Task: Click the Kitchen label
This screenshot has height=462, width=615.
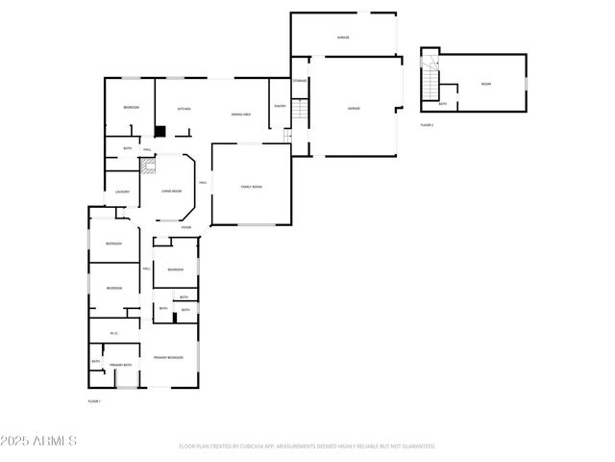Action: click(x=182, y=109)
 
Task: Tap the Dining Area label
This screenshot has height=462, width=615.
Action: click(x=241, y=115)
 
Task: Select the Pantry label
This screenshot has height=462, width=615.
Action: click(x=280, y=107)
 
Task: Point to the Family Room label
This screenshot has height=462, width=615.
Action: click(x=251, y=187)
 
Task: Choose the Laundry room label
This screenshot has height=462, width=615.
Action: click(x=122, y=192)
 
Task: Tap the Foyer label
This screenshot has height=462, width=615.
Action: click(x=185, y=228)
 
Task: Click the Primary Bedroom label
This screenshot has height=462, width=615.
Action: click(x=168, y=357)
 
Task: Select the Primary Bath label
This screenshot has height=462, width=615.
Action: click(x=120, y=365)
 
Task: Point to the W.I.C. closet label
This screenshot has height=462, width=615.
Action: click(x=113, y=333)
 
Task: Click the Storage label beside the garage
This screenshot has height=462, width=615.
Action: click(x=300, y=81)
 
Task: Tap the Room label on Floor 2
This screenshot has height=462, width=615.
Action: click(x=486, y=85)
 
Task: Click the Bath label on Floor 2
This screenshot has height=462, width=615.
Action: click(x=442, y=103)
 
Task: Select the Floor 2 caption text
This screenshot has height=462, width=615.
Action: click(x=427, y=125)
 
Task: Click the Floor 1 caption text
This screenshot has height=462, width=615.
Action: click(x=94, y=400)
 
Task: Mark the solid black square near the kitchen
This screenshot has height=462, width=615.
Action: click(x=161, y=131)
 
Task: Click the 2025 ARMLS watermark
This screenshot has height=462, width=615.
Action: click(x=39, y=441)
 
